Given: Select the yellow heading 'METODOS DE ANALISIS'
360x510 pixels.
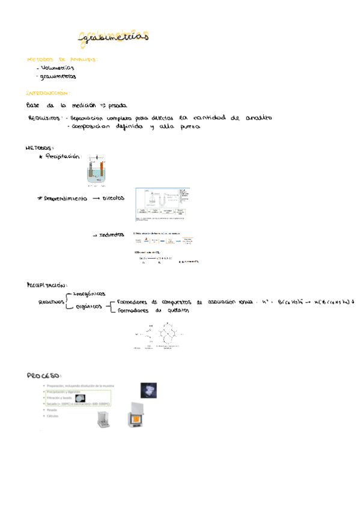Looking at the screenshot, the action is click(x=63, y=60).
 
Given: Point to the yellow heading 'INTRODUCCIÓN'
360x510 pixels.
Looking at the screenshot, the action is click(x=48, y=93).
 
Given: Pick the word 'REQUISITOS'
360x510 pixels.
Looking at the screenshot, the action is click(x=44, y=118).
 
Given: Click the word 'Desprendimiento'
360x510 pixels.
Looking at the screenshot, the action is click(x=66, y=198).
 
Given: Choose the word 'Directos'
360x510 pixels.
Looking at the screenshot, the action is click(x=114, y=197).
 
